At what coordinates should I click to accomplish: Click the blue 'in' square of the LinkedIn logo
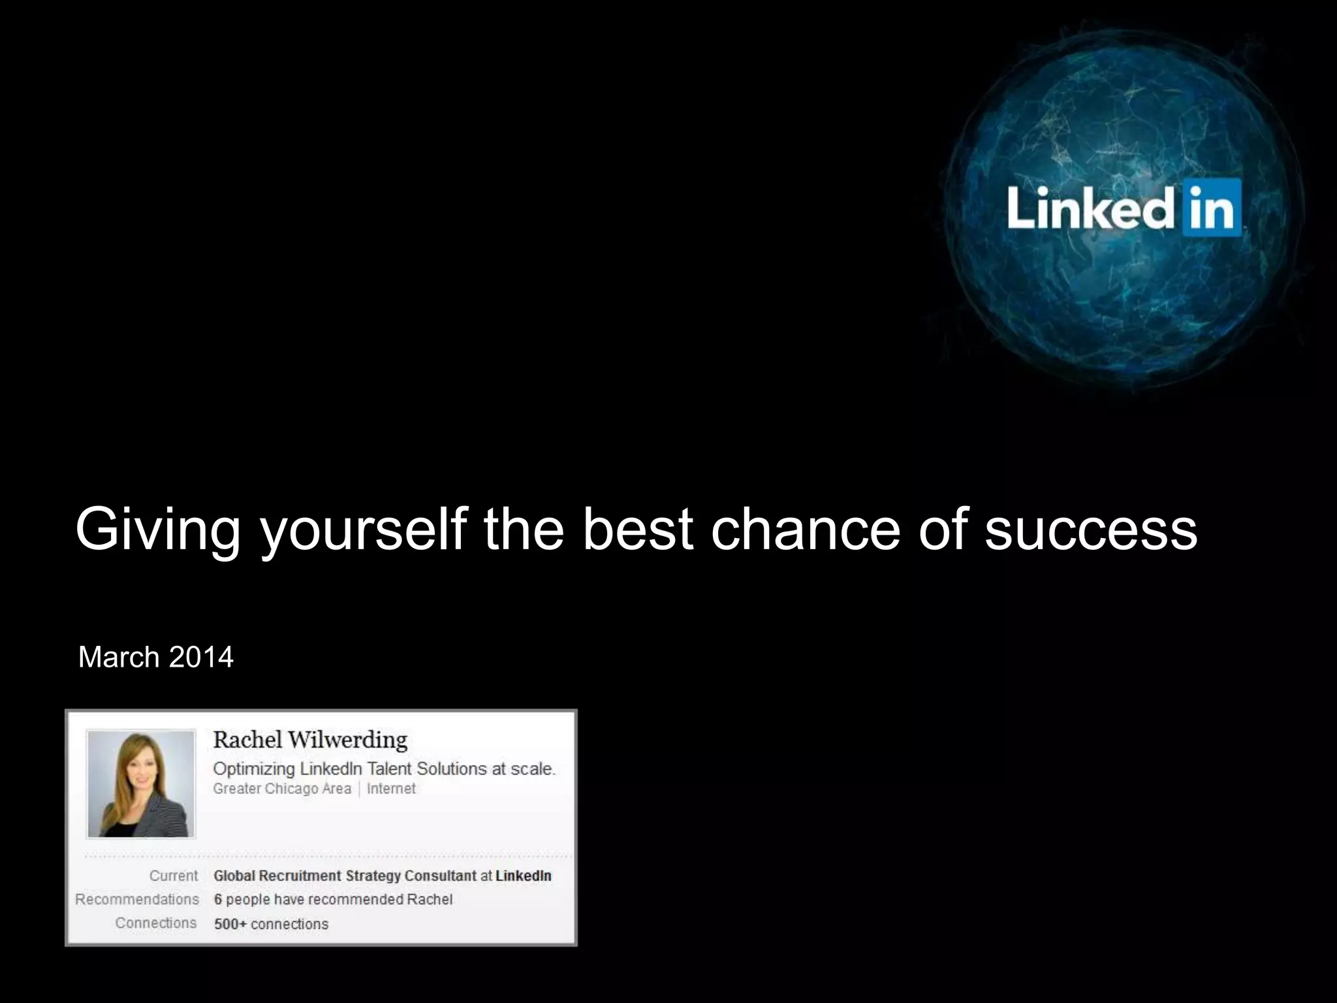(1211, 208)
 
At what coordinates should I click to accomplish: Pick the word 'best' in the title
(637, 529)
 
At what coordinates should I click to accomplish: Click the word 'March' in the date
(119, 657)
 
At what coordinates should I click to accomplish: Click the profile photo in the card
(141, 784)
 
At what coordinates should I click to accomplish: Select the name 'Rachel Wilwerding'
(310, 740)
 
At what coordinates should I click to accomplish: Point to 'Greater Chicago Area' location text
(282, 789)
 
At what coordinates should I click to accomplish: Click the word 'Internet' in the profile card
(391, 789)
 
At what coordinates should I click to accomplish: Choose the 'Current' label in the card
(173, 876)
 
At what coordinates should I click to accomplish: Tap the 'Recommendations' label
(137, 899)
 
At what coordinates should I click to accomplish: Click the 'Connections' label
(156, 923)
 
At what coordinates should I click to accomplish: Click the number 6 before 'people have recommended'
(218, 899)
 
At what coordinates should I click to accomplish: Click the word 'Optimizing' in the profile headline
(254, 769)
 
